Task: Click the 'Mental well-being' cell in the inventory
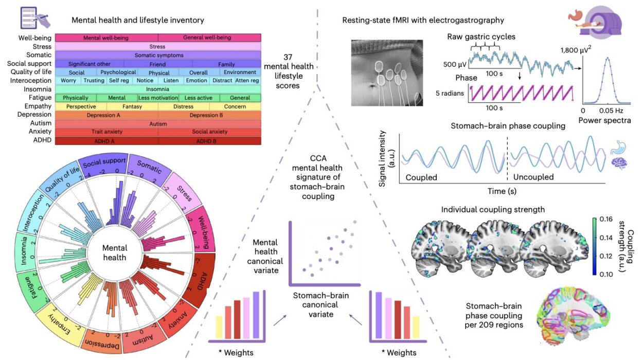(x=106, y=38)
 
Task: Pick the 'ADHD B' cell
(x=209, y=140)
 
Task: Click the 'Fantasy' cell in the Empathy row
(x=132, y=106)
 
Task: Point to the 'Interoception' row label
(x=31, y=81)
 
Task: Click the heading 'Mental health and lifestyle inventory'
(x=138, y=21)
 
